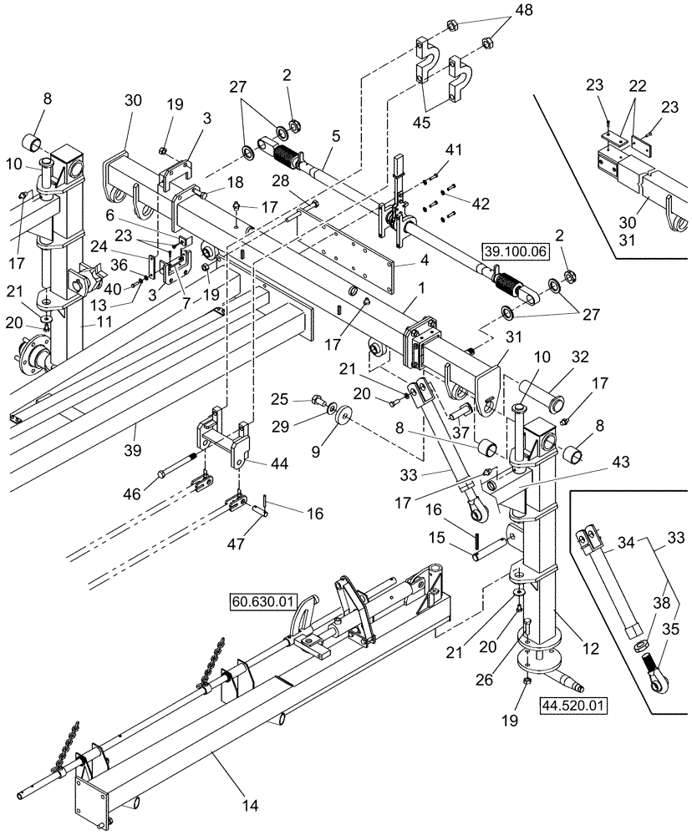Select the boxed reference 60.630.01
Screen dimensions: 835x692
(x=260, y=600)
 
